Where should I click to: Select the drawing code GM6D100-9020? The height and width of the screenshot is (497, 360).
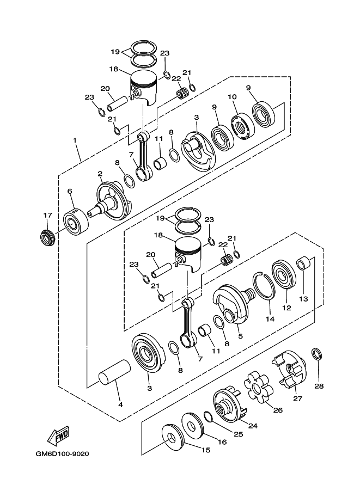[x=63, y=453]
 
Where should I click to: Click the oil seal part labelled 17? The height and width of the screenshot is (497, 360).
[x=47, y=238]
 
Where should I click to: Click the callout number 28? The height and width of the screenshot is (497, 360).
[x=319, y=386]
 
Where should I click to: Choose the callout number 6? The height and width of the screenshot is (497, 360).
[x=70, y=191]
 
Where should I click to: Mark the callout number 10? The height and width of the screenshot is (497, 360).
[x=233, y=97]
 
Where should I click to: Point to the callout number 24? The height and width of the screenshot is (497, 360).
[x=253, y=426]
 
